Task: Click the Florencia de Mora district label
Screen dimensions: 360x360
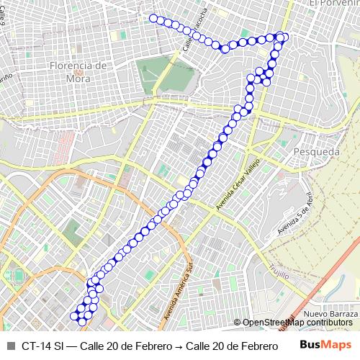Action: point(79,71)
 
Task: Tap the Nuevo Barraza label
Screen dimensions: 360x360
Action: point(330,314)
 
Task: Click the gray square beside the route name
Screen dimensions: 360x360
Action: point(10,346)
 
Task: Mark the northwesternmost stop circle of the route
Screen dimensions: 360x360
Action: point(153,18)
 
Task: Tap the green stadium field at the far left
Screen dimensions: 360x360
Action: point(16,278)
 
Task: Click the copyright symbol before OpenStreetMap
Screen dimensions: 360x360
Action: point(238,323)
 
